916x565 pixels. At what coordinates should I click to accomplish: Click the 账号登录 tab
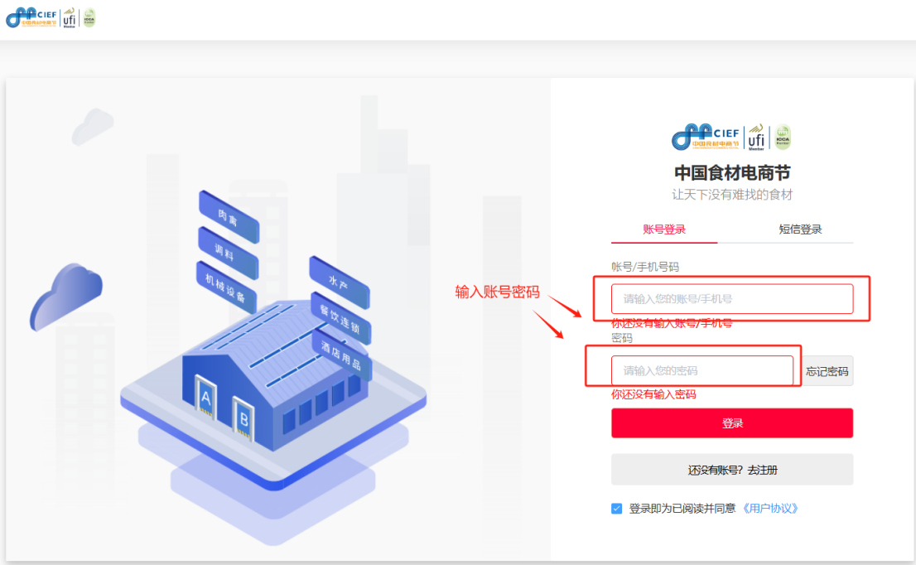664,229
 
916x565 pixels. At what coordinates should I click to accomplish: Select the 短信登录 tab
800,229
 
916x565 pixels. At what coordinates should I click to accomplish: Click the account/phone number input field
732,299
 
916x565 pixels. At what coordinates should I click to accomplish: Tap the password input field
702,370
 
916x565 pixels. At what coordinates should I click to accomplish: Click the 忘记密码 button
827,371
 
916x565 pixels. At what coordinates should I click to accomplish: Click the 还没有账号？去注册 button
732,470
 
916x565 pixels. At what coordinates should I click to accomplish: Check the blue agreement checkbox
616,509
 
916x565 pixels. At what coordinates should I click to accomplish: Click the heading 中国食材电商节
732,173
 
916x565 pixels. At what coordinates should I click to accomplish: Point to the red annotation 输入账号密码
497,292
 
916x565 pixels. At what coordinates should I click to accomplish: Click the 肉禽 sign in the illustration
229,217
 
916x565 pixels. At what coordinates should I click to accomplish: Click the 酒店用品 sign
342,355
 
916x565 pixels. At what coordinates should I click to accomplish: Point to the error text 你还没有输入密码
653,394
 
